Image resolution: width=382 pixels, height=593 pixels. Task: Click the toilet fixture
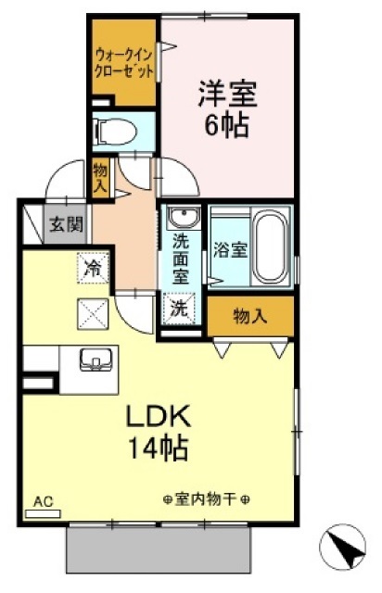pos(116,132)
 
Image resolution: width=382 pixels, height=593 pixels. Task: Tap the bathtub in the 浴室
pos(271,247)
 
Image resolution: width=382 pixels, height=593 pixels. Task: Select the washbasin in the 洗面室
pos(184,218)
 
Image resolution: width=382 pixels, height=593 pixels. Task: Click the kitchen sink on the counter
pos(95,360)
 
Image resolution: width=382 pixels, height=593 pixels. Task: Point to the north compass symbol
pos(342,546)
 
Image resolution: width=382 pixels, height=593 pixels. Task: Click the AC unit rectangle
pos(43,513)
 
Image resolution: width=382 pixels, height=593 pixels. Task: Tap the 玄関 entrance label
pos(67,225)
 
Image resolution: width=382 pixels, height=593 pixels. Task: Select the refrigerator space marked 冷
pos(93,268)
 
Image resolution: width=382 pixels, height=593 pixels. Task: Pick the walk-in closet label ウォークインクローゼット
pos(124,63)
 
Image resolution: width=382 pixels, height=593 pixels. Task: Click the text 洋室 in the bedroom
pos(227,94)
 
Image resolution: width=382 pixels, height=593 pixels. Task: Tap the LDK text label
pos(158,416)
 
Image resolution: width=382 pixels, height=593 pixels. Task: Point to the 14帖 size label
pos(159,448)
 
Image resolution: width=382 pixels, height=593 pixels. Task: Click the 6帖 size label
pos(227,125)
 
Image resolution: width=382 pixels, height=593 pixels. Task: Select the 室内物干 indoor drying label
pos(207,500)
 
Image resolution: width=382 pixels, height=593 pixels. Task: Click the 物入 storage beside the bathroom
pos(250,316)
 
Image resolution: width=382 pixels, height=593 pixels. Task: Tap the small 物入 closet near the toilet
pos(101,178)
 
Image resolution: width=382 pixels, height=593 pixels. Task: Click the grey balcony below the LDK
pos(159,550)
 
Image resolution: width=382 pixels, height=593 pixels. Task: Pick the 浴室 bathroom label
pos(231,250)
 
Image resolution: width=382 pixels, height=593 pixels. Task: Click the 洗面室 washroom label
pos(181,259)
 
